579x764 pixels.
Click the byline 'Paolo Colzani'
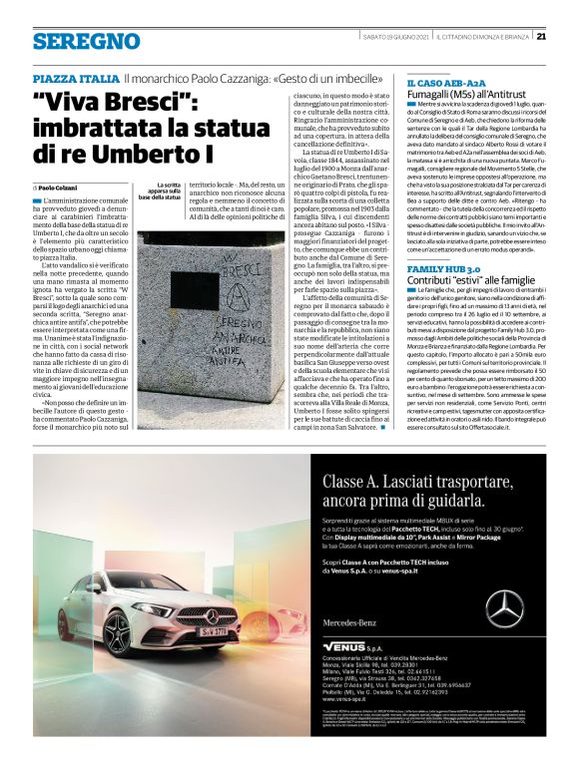(62, 187)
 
